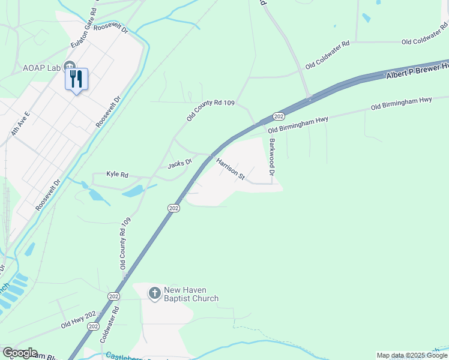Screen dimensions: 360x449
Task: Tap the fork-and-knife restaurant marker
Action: coord(76,79)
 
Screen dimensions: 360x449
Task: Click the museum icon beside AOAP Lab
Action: coord(69,67)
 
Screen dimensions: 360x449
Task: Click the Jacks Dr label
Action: coord(179,162)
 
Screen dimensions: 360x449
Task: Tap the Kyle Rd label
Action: coord(117,174)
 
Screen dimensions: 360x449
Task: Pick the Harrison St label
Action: coord(231,169)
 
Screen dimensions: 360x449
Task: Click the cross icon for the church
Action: coord(154,293)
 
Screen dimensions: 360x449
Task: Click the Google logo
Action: coord(20,353)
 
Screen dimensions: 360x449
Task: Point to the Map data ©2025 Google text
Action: coord(412,355)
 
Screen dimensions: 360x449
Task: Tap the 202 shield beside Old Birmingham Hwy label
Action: coord(278,116)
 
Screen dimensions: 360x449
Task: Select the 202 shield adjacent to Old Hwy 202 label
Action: coord(93,326)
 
